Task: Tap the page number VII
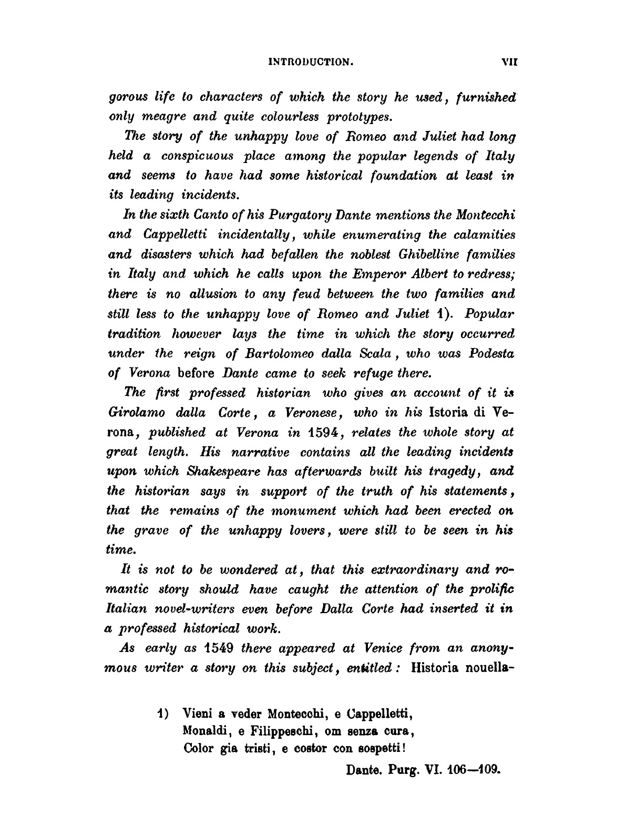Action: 509,62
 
